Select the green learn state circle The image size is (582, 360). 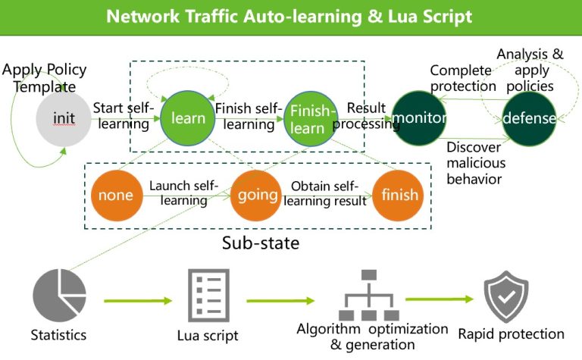[188, 118]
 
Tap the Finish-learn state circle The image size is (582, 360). [311, 119]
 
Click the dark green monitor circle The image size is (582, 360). [420, 119]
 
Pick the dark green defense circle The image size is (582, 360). [530, 119]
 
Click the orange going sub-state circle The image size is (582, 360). [257, 195]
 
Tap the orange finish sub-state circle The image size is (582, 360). [399, 195]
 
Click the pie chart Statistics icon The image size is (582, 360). [60, 296]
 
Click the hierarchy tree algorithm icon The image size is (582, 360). [369, 296]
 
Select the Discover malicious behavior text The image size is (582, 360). [476, 163]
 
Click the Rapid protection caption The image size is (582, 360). [511, 334]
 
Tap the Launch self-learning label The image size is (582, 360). [183, 193]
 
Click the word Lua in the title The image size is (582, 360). [396, 16]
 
